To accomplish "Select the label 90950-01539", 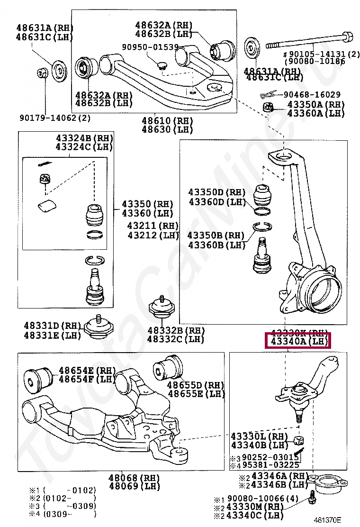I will [x=150, y=47].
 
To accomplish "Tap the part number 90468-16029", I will [x=312, y=95].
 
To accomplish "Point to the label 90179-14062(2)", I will [x=55, y=118].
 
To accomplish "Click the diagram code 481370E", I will [x=327, y=520].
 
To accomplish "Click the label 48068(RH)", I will [x=129, y=477].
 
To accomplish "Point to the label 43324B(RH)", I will [x=84, y=138].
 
